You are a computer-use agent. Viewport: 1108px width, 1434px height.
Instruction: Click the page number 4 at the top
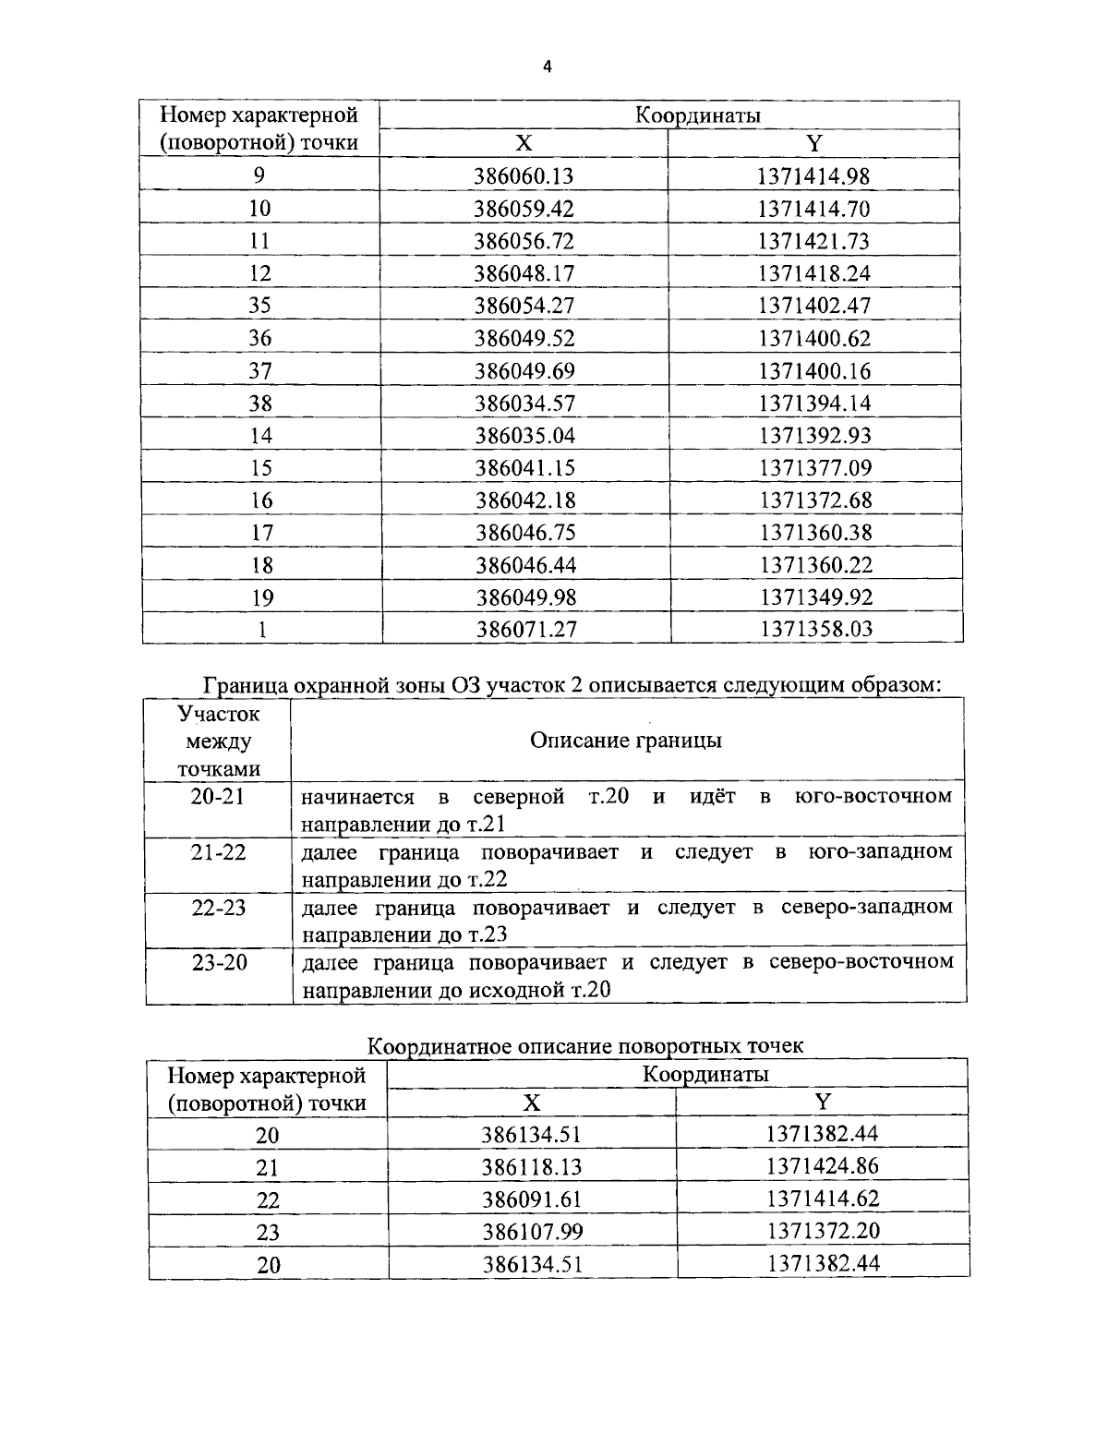547,66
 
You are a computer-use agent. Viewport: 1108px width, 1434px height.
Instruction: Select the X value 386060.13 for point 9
524,175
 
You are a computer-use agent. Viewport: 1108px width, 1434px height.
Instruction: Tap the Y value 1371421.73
813,241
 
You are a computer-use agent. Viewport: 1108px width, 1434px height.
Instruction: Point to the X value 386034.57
524,403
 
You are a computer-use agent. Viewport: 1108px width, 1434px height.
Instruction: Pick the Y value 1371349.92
815,597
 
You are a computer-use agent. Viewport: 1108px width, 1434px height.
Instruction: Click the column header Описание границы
625,741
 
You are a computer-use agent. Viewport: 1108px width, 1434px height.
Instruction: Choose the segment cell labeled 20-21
218,797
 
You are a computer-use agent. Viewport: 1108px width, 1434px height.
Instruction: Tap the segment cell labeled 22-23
219,908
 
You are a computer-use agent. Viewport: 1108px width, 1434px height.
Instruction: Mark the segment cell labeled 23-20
219,962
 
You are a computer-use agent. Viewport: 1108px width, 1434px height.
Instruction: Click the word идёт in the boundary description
712,796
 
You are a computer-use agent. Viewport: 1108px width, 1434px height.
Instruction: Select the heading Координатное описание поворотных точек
585,1045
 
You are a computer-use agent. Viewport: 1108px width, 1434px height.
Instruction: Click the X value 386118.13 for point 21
532,1167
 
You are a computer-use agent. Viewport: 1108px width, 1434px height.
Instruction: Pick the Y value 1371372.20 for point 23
823,1231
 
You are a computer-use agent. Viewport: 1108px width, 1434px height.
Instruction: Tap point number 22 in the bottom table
268,1200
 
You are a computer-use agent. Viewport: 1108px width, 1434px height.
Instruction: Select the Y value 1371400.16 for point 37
814,371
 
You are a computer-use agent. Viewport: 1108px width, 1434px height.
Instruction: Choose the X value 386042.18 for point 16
524,500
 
